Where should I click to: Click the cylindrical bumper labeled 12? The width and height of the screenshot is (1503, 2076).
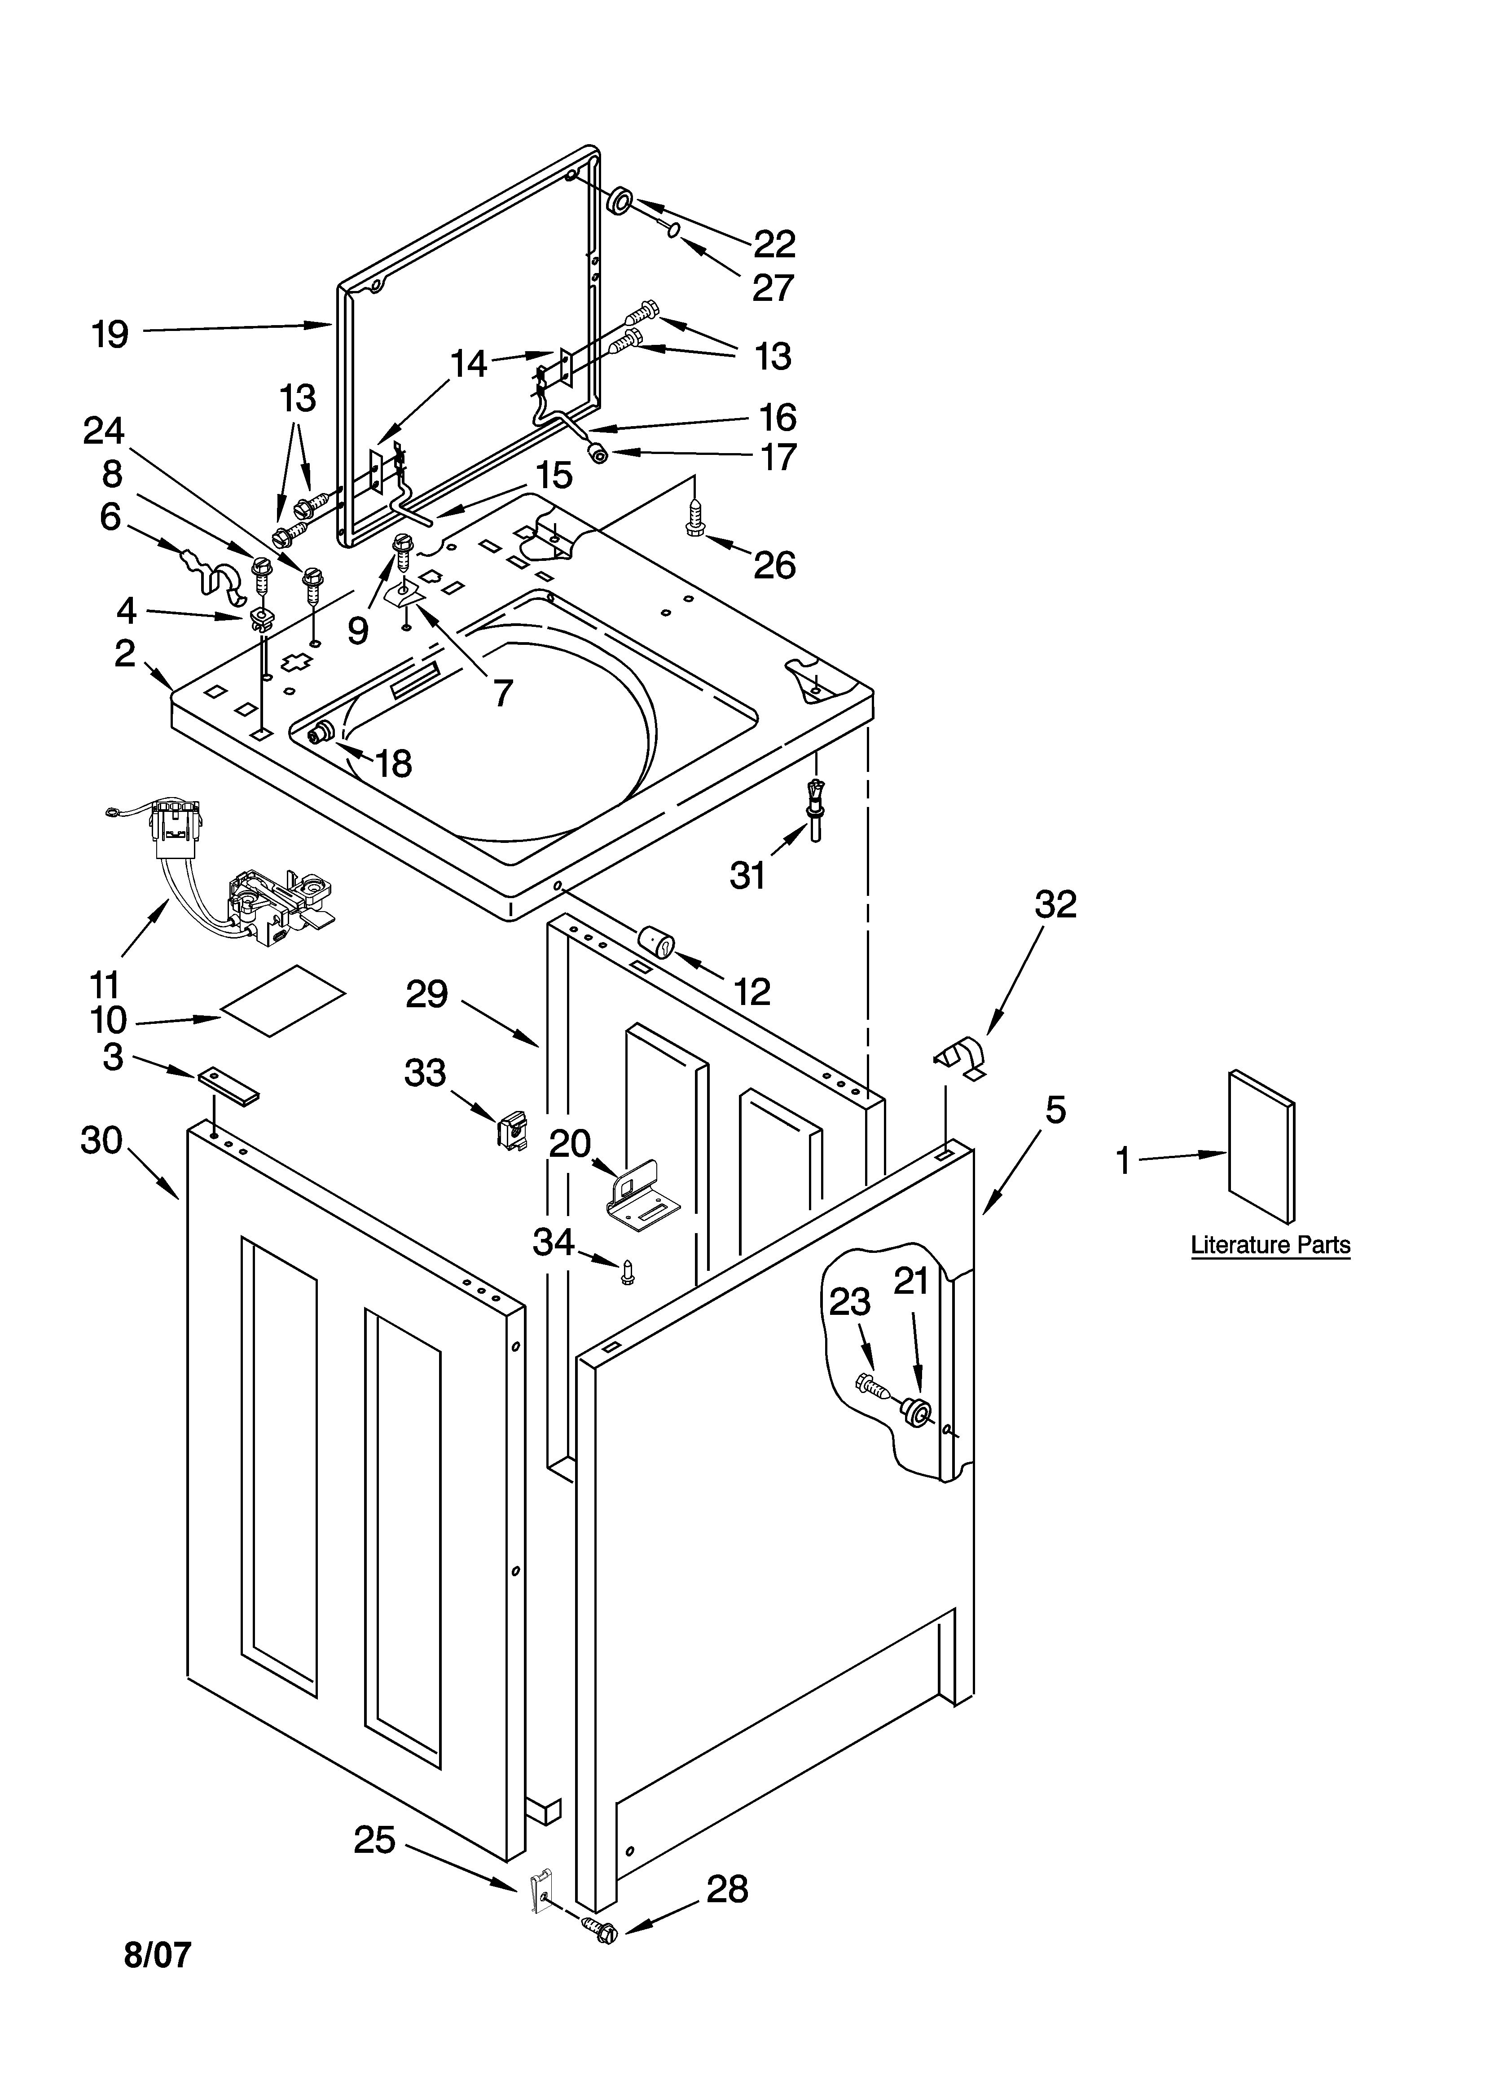pos(655,941)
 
